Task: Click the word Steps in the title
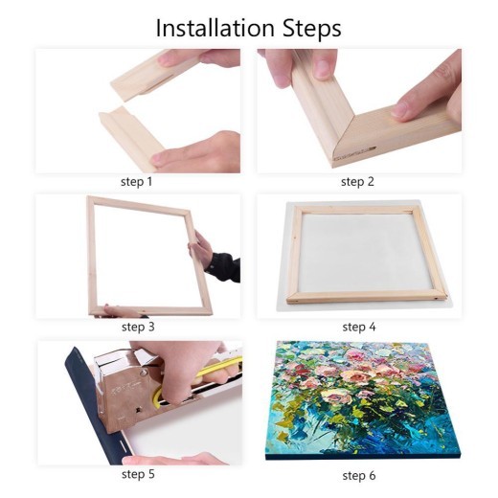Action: pyautogui.click(x=309, y=30)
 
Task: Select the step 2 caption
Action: pyautogui.click(x=359, y=180)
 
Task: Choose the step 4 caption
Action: pyautogui.click(x=359, y=327)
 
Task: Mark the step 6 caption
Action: pyautogui.click(x=359, y=474)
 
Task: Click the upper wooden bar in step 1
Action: pyautogui.click(x=153, y=76)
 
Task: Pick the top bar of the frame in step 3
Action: pyautogui.click(x=144, y=202)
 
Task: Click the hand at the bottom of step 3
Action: pyautogui.click(x=120, y=311)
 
